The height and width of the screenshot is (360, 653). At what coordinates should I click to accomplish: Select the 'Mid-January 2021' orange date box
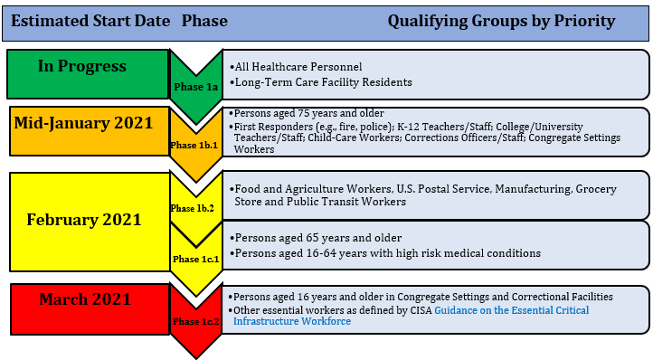click(83, 124)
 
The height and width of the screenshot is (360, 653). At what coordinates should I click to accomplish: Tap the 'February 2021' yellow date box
click(83, 220)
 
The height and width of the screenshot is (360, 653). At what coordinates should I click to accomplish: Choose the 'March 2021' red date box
click(83, 299)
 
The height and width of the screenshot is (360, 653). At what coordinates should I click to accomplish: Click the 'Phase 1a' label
click(195, 87)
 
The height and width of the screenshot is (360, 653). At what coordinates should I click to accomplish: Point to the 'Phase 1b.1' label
click(195, 145)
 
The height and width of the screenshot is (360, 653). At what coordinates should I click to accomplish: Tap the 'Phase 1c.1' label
click(195, 260)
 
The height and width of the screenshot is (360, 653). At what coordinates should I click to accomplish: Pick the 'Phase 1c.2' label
click(195, 321)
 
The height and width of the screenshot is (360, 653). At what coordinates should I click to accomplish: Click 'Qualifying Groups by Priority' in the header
click(501, 21)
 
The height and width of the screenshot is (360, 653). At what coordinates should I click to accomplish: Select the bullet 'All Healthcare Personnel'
click(298, 67)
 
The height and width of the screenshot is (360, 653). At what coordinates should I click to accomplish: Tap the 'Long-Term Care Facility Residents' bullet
click(323, 82)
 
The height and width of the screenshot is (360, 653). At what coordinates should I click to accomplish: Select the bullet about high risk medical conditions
click(386, 253)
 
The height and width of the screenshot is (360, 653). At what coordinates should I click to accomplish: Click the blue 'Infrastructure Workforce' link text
click(292, 321)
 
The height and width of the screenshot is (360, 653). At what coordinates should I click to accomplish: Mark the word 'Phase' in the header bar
click(204, 21)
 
